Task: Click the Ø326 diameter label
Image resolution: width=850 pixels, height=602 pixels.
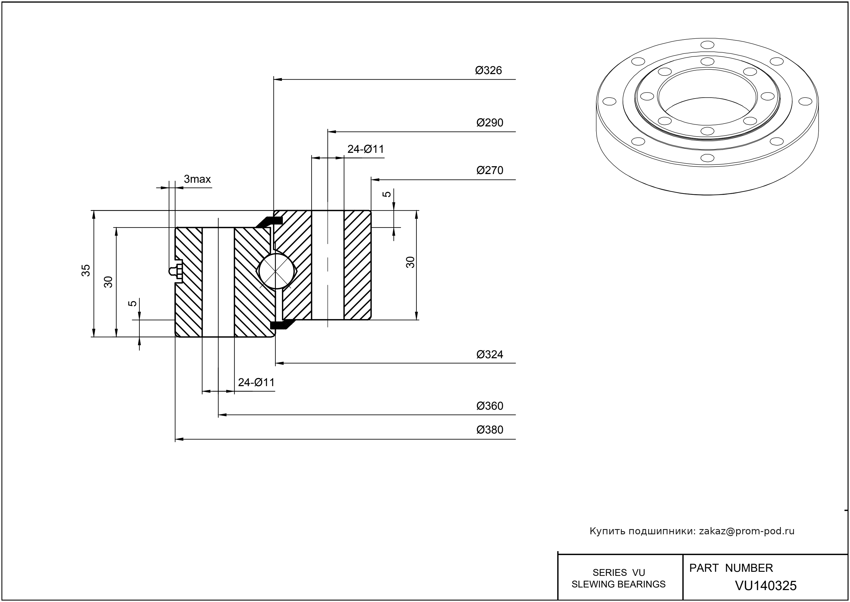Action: tap(488, 70)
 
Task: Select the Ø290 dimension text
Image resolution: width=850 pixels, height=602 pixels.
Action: tap(490, 123)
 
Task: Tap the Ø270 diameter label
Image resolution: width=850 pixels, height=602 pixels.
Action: tap(490, 171)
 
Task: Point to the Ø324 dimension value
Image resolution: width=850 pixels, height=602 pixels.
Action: tap(490, 355)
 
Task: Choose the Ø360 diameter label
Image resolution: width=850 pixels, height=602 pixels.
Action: tap(490, 406)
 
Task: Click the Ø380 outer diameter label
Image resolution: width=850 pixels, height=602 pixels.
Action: tap(490, 430)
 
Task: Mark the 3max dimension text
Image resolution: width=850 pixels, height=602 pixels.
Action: tap(197, 180)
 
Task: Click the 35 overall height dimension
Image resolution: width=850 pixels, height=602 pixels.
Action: tap(86, 270)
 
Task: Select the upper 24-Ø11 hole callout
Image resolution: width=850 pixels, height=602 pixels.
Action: tap(365, 149)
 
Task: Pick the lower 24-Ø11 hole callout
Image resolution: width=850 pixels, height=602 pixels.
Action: tap(256, 382)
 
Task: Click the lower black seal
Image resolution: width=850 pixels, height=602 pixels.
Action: tap(281, 325)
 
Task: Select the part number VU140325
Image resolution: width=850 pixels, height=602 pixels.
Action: tap(765, 585)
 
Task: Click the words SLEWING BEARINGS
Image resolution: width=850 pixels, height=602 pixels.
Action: tap(619, 584)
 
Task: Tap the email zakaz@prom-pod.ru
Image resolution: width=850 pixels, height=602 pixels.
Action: tap(746, 531)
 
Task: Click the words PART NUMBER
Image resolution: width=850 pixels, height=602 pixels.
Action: tap(731, 568)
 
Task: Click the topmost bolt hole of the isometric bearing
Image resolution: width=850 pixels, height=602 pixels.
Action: tap(707, 45)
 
